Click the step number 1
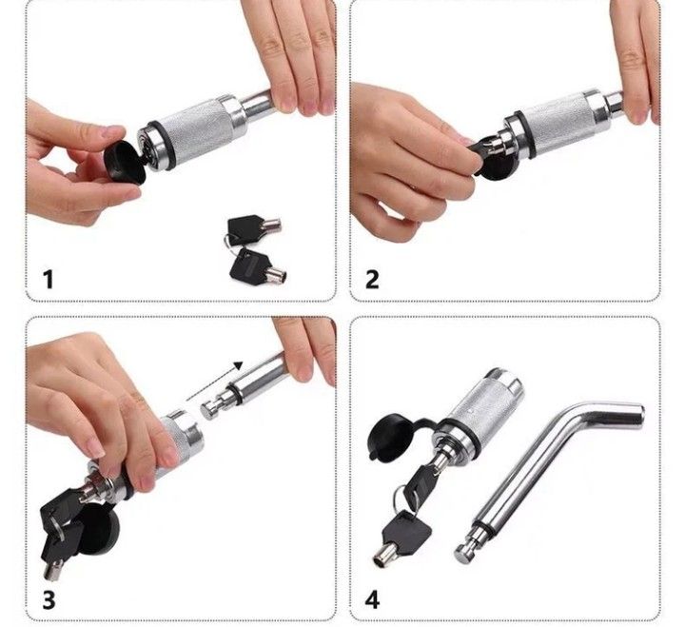pos(49,279)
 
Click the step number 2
pos(372,279)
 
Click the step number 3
pos(49,600)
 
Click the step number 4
pos(372,600)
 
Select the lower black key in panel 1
pos(257,267)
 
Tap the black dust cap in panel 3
pos(97,528)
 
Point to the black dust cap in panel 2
pos(493,158)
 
